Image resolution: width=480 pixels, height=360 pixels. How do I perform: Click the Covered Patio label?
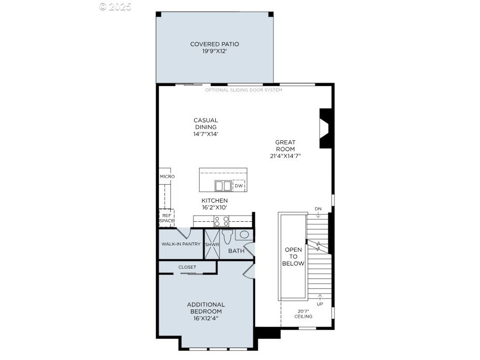point(215,47)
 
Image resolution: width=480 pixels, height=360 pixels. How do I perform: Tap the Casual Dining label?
point(206,127)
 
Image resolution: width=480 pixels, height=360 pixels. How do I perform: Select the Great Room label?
point(285,149)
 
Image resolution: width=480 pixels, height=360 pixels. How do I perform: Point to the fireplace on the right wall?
point(325,128)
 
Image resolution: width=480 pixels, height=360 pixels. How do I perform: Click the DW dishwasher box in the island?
point(239,186)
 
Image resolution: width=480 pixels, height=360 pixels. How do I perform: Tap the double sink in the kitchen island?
point(223,186)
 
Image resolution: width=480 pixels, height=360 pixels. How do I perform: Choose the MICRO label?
point(167,176)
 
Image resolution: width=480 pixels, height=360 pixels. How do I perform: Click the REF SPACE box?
point(167,218)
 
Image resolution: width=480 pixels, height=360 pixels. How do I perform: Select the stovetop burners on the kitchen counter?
point(221,221)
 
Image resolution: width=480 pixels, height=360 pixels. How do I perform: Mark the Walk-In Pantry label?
point(181,244)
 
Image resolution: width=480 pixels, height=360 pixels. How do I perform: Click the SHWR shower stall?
point(212,244)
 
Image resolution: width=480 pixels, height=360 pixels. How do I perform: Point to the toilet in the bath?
point(227,236)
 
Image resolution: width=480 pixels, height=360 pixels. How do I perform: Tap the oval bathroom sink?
point(244,235)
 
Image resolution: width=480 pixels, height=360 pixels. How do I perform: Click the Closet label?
point(187,267)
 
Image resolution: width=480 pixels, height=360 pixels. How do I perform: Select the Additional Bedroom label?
point(206,312)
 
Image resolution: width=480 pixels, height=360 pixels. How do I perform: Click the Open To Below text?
point(293,257)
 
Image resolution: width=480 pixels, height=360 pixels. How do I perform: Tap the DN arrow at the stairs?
point(318,215)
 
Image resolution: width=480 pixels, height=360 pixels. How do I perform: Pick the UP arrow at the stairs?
point(320,297)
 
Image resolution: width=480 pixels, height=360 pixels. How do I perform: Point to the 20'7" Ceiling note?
point(303,314)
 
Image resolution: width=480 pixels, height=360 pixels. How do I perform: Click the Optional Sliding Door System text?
point(244,90)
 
